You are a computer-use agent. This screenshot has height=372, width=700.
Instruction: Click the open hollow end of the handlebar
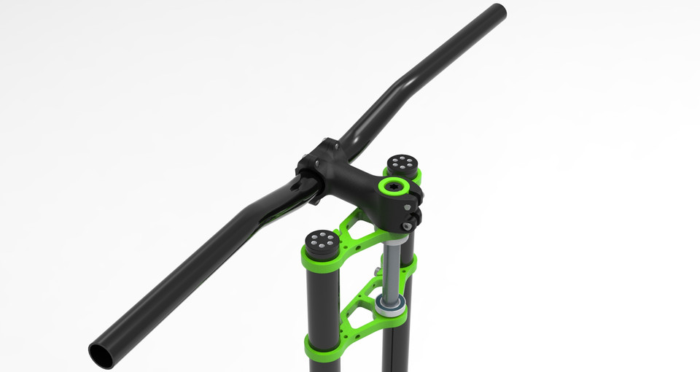[x=101, y=354]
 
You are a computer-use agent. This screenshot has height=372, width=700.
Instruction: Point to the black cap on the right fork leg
[x=401, y=165]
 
